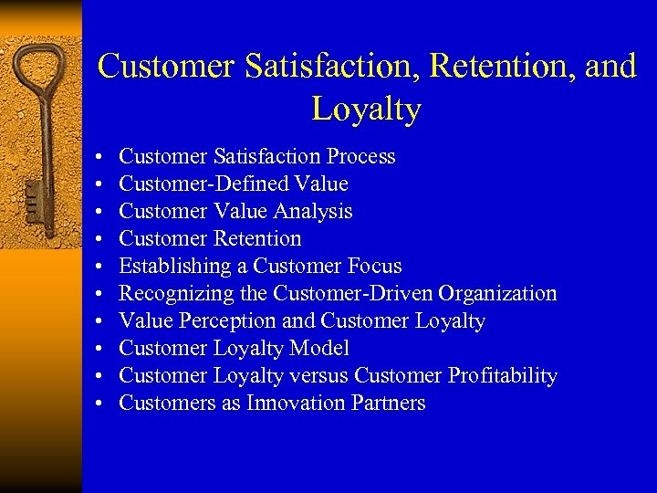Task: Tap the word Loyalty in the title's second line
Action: point(366,109)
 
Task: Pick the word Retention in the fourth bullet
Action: point(256,238)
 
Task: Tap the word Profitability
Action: point(502,375)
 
